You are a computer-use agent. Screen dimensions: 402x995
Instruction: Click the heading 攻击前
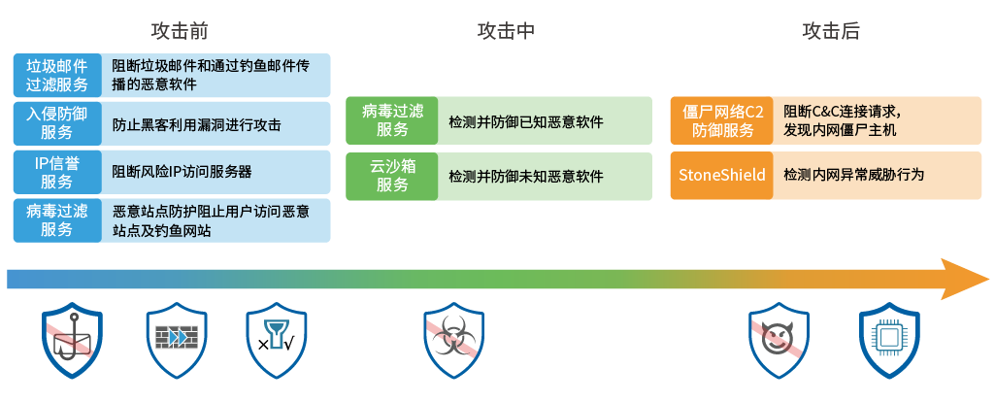coord(180,30)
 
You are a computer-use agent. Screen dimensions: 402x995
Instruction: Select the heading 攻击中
coord(506,30)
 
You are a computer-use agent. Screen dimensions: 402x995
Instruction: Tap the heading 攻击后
coord(831,30)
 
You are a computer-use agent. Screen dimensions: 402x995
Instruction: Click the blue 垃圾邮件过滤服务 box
coord(57,75)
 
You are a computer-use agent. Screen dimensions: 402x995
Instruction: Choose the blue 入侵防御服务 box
coord(57,123)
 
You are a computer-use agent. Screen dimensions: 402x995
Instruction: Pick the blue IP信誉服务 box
coord(57,172)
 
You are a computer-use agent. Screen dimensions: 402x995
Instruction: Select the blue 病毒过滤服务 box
coord(57,220)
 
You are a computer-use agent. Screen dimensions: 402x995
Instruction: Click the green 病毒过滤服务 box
coord(392,121)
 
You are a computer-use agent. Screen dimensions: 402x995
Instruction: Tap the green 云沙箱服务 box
coord(392,176)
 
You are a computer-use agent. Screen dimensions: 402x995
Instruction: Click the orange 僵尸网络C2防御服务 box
coord(722,121)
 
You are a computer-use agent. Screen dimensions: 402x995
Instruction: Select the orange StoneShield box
coord(722,176)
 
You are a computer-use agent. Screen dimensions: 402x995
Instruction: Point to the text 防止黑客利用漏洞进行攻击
coord(197,124)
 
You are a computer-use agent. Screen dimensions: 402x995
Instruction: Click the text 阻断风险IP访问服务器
coord(182,172)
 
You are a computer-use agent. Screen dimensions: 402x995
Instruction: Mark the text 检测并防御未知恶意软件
coord(526,177)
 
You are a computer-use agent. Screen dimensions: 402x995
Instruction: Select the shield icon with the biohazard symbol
coord(454,341)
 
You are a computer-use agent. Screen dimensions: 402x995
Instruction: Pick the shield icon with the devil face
coord(779,341)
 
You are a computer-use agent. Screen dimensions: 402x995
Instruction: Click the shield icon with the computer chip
coord(889,341)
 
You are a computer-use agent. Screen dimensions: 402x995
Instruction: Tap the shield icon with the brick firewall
coord(176,341)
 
